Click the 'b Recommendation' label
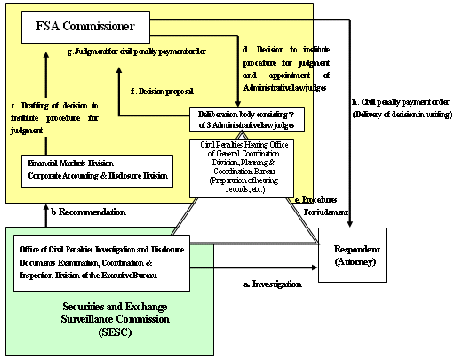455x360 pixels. pos(88,213)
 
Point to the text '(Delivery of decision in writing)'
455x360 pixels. pos(397,114)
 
